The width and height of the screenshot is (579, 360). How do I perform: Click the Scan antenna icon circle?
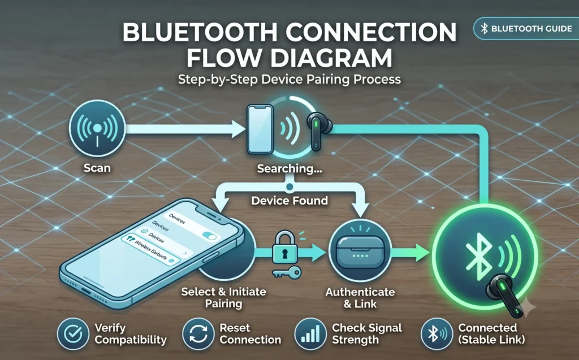(x=97, y=128)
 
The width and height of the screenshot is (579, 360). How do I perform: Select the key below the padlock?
(x=287, y=273)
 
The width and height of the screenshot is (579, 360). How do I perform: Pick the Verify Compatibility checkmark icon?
(x=73, y=334)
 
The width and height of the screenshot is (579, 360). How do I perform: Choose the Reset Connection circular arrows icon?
(x=198, y=334)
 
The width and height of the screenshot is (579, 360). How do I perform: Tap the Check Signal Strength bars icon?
(x=310, y=334)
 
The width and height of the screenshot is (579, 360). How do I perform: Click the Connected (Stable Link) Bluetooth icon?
(x=437, y=334)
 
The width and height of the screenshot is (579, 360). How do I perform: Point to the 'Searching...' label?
(x=289, y=169)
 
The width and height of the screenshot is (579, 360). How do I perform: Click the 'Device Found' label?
(x=289, y=201)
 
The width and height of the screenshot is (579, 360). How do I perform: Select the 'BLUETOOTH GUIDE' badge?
(x=526, y=28)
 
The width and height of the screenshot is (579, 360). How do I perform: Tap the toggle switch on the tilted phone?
(x=209, y=235)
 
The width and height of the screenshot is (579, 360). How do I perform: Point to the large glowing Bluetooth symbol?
(x=478, y=256)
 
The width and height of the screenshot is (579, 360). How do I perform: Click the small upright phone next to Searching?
(x=260, y=129)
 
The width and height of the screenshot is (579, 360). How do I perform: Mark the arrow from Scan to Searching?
(x=185, y=129)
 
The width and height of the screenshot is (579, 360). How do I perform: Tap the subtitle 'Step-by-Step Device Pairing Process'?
(x=289, y=79)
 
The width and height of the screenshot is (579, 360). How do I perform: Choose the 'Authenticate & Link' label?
(x=360, y=298)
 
